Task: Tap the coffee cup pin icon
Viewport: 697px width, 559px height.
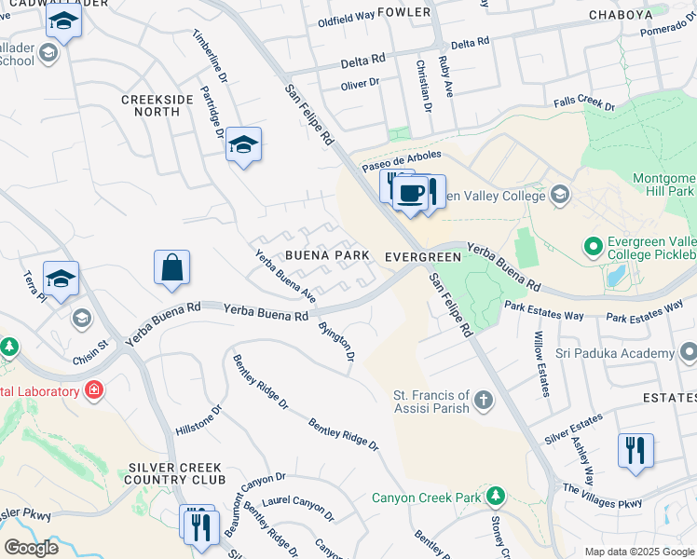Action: (410, 193)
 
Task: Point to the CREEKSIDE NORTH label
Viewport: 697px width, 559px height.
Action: (150, 104)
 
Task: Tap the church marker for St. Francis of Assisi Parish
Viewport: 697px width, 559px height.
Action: (483, 401)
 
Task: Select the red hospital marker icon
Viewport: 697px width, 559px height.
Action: (93, 389)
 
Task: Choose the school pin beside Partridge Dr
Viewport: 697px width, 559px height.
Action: (243, 144)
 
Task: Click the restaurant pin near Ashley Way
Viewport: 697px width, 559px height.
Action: (635, 451)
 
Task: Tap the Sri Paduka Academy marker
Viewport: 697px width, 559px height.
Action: (689, 353)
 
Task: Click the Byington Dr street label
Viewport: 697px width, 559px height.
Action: (337, 342)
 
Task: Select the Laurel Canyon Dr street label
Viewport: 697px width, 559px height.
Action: (297, 509)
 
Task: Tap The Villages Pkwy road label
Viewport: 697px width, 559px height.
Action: (602, 496)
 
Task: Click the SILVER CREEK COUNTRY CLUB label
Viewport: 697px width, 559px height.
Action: (175, 473)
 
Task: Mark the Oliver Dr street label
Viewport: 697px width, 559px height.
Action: (360, 83)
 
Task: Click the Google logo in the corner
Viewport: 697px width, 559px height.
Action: (31, 547)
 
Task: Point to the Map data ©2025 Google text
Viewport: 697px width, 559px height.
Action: (638, 551)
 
